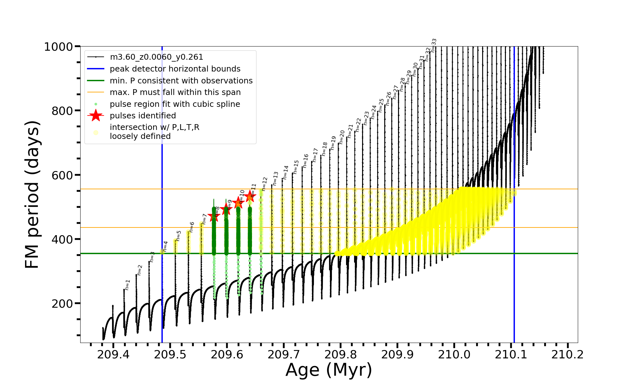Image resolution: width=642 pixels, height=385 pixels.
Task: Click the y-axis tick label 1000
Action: tap(58, 47)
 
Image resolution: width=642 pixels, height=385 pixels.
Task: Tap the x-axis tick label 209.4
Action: tap(113, 355)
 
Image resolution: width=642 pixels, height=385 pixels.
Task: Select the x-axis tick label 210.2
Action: tap(568, 355)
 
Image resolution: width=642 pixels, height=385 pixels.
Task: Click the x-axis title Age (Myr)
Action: tap(329, 370)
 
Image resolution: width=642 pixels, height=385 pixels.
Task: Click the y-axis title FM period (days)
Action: tap(32, 194)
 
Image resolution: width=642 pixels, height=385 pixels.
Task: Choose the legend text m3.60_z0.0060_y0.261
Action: tap(156, 57)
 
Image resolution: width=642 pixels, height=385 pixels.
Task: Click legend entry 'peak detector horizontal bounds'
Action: tap(175, 69)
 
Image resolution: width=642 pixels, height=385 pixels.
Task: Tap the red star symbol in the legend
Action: tap(96, 116)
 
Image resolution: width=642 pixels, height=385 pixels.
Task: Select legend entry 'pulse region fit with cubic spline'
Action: tap(175, 104)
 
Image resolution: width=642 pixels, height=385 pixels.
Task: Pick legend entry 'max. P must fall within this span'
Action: tap(175, 92)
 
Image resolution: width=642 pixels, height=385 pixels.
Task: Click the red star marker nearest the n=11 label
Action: tap(250, 196)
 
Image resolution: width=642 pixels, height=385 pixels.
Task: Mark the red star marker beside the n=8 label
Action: tap(214, 216)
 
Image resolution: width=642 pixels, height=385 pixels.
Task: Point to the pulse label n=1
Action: tap(128, 285)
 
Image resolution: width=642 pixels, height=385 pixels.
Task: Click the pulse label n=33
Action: tap(434, 45)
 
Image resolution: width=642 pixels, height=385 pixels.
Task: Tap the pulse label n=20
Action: tap(342, 137)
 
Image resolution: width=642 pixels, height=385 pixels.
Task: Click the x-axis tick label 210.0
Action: tap(454, 355)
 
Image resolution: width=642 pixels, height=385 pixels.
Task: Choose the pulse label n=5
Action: tap(178, 235)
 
